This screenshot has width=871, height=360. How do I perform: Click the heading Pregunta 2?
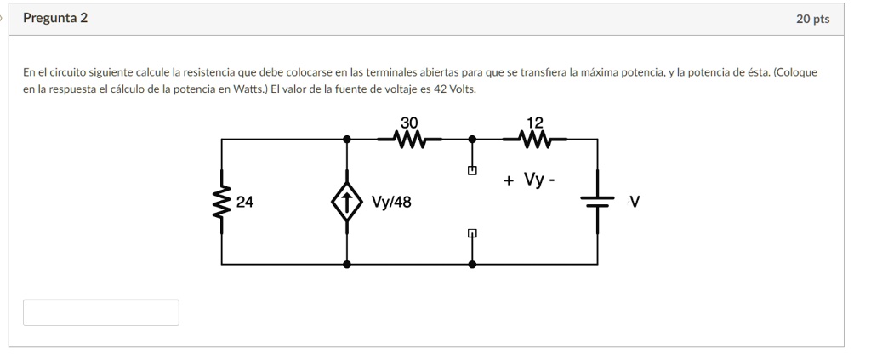click(54, 18)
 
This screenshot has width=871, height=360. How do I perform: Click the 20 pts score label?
click(813, 19)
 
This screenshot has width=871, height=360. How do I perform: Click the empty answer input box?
click(101, 312)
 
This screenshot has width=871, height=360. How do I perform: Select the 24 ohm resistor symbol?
click(222, 202)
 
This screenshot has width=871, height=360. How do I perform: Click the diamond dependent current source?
click(346, 203)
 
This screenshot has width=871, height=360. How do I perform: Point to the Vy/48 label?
click(392, 203)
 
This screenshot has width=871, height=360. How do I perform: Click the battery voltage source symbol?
click(598, 202)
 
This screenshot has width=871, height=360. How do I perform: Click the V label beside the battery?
click(635, 202)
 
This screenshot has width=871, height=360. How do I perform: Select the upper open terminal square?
click(472, 171)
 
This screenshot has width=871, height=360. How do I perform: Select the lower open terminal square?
click(472, 232)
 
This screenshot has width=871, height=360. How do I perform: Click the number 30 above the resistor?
click(409, 121)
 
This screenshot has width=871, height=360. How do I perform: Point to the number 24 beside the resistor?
click(245, 203)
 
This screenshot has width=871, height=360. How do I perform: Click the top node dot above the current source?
click(346, 138)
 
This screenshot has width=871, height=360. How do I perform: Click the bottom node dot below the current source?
click(346, 265)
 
